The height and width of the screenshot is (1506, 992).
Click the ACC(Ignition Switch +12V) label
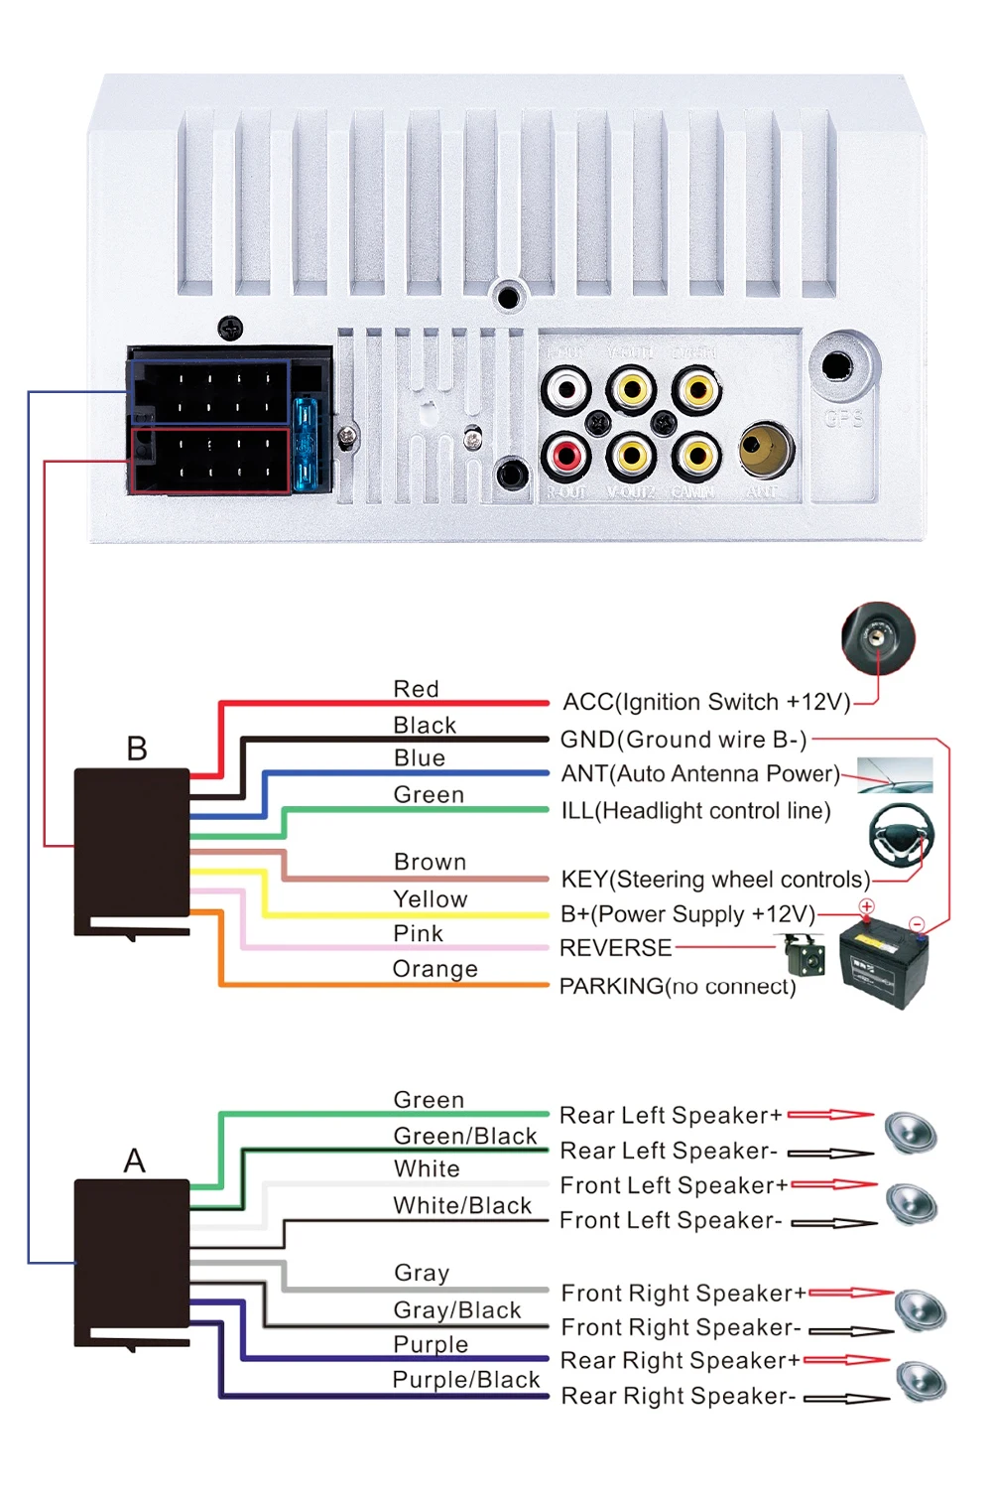(706, 703)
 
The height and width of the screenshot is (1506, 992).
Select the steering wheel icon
(901, 832)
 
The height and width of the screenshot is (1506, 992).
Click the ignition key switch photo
(878, 637)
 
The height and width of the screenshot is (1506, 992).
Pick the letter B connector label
(137, 749)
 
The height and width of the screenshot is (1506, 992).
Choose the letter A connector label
(135, 1161)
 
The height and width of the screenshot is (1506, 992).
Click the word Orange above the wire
(434, 969)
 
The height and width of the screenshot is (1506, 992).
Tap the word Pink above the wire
(418, 934)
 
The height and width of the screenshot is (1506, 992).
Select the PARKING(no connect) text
(678, 986)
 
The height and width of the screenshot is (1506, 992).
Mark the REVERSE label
(615, 948)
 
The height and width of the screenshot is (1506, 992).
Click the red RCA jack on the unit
(566, 457)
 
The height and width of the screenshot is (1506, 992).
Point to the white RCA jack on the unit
(566, 390)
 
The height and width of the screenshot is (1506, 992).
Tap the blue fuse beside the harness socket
(305, 444)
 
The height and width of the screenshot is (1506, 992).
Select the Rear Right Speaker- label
(679, 1396)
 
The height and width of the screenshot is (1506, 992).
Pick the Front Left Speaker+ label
(674, 1185)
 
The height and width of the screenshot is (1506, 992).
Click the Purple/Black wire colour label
(466, 1380)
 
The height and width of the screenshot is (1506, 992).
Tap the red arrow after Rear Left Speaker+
(830, 1115)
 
